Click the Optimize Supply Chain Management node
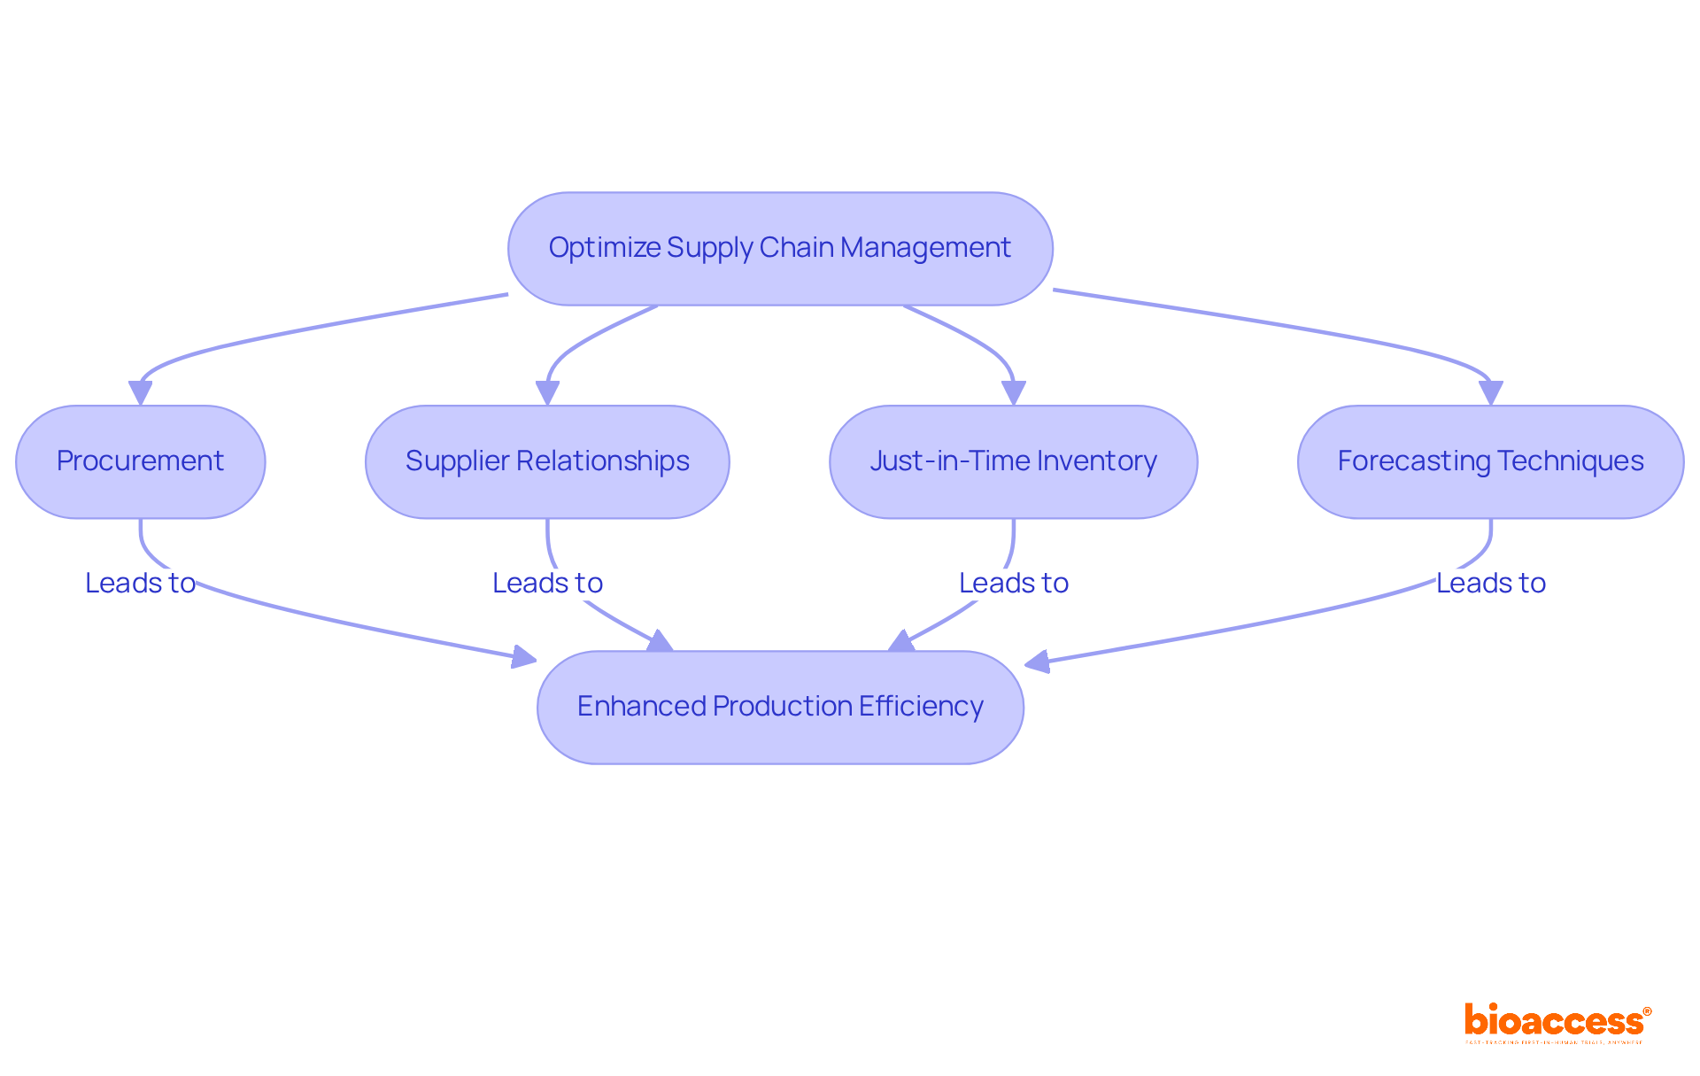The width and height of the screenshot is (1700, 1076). coord(779,248)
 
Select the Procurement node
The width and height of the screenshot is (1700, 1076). coord(140,461)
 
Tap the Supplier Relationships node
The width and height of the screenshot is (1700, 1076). coord(547,461)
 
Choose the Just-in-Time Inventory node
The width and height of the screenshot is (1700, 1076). coord(1013,461)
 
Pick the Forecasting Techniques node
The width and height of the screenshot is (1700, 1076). coord(1490,461)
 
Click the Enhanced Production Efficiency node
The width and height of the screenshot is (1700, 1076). coord(779,707)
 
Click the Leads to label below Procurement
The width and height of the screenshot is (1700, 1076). coord(140,583)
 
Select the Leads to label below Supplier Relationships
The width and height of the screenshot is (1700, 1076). coord(547,583)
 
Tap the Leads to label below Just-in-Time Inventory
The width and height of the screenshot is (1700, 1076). coord(1014,583)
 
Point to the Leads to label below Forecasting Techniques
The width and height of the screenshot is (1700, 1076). coord(1490,583)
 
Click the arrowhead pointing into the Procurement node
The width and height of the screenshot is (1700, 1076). coord(140,392)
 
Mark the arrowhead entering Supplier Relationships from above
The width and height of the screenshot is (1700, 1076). coord(547,392)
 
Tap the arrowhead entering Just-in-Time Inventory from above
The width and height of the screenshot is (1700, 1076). coord(1013,392)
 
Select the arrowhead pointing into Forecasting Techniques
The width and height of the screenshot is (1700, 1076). coord(1490,392)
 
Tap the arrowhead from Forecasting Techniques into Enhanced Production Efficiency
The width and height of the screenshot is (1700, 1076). coord(1037,662)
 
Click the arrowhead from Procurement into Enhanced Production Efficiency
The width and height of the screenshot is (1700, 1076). coord(525,657)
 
